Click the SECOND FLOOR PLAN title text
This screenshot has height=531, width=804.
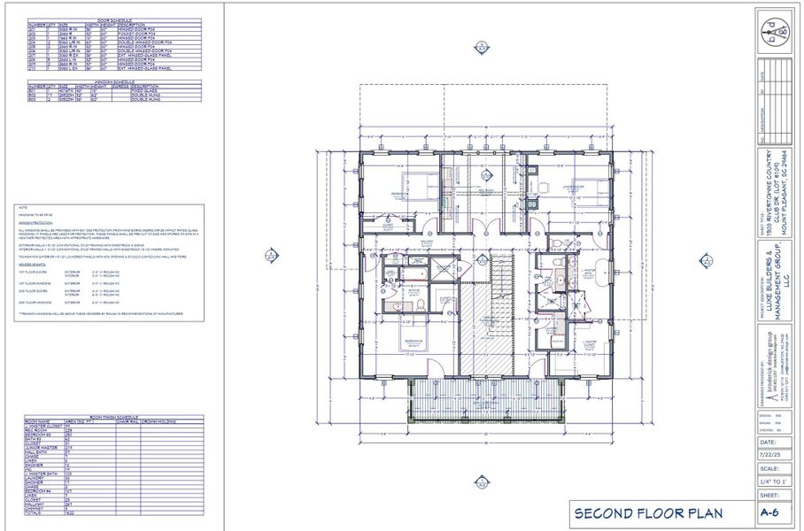coord(648,513)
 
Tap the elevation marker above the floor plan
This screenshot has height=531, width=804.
coord(481,47)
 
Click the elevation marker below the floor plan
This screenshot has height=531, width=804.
coord(481,482)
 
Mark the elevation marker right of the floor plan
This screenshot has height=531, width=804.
coord(706,260)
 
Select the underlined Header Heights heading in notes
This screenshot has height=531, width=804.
coord(30,264)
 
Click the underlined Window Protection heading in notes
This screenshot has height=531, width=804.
coord(34,222)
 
